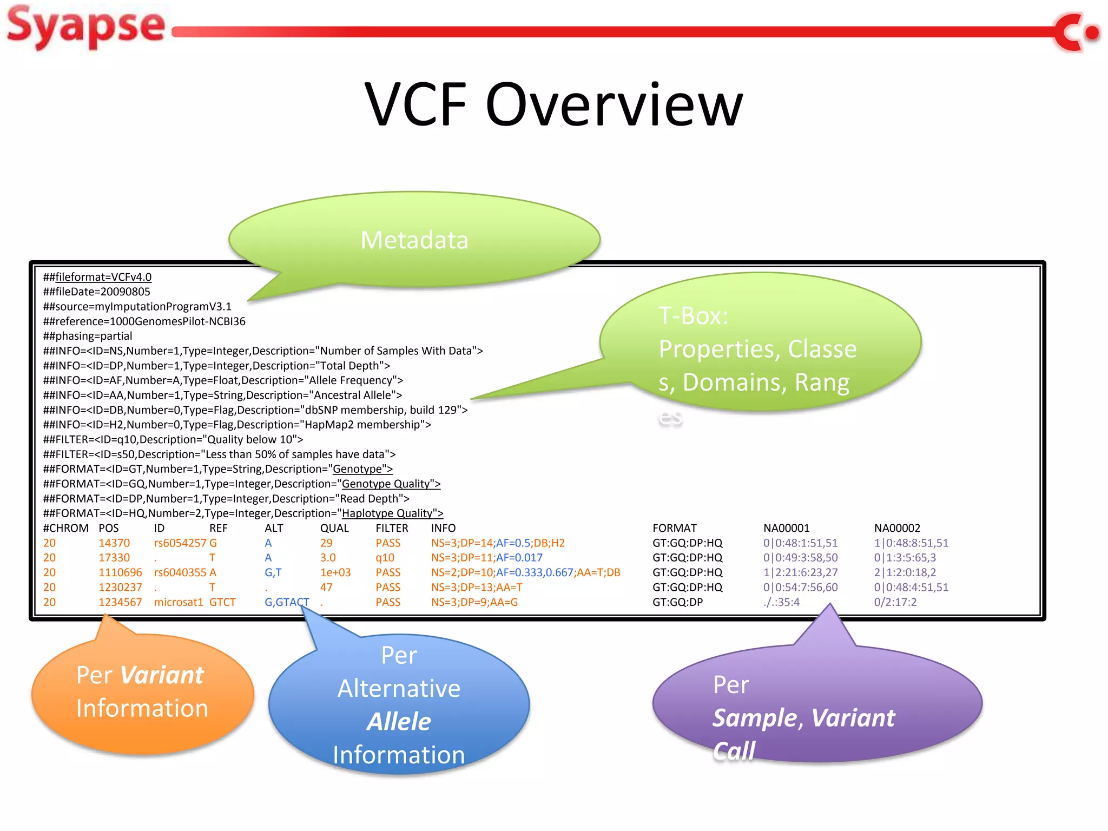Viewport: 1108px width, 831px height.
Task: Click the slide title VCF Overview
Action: tap(553, 104)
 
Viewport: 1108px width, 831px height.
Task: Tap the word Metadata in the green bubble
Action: tap(414, 240)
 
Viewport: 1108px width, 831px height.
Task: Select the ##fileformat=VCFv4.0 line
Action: tap(97, 277)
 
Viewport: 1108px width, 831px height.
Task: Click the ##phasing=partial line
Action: tap(88, 336)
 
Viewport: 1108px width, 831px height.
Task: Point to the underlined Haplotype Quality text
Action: tap(392, 513)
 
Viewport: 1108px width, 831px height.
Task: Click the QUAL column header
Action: tap(334, 528)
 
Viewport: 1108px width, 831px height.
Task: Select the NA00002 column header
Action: tap(897, 528)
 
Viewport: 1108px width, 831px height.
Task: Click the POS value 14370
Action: tap(114, 543)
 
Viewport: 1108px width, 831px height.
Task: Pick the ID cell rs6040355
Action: tap(180, 572)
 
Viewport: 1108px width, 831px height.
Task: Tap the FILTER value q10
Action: tap(385, 558)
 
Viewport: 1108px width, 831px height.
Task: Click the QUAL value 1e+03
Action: tap(335, 572)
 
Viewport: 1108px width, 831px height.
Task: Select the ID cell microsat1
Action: tap(179, 602)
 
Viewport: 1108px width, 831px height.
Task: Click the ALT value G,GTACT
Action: tap(287, 602)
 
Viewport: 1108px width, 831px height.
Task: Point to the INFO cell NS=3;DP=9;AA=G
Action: tap(474, 602)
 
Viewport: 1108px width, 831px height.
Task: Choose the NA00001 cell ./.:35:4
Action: tap(781, 602)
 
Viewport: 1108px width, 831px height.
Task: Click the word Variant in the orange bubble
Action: tap(162, 675)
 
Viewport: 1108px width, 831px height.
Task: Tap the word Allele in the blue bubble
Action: tap(399, 722)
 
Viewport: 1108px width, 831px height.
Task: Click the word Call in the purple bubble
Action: tap(734, 751)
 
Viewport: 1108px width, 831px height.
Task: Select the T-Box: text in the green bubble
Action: tap(693, 316)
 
